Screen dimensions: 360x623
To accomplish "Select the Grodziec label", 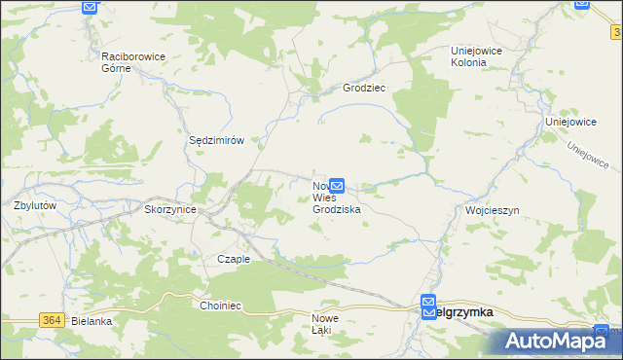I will [364, 88].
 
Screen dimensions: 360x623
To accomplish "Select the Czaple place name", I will [234, 259].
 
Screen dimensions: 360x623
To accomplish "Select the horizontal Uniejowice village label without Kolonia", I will [570, 122].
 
